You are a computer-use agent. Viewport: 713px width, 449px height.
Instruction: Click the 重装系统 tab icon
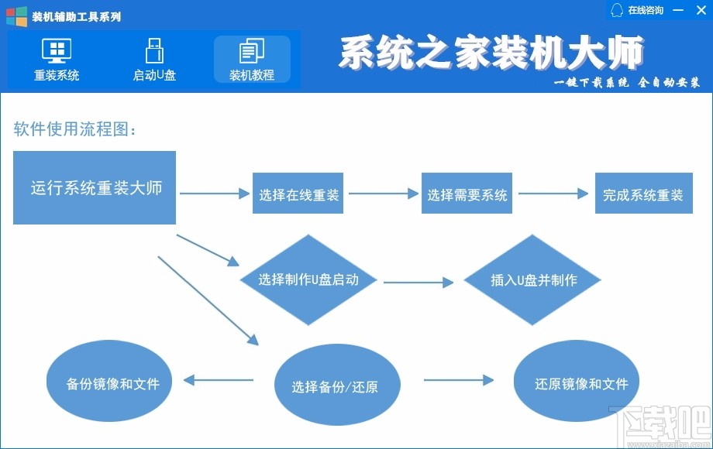coord(56,52)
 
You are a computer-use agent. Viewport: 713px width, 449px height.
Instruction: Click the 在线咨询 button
coord(638,10)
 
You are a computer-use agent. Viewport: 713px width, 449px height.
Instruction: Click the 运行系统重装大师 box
coord(95,188)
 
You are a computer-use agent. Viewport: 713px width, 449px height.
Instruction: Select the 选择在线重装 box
coord(299,195)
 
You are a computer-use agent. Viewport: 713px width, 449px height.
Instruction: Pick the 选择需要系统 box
coord(467,195)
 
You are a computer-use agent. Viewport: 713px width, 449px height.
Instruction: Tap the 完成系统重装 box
coord(642,195)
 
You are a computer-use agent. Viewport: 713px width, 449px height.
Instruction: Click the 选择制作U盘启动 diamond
coord(308,279)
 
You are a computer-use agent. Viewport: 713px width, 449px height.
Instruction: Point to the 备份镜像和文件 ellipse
coord(109,383)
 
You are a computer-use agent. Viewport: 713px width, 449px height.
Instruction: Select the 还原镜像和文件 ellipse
coord(581,382)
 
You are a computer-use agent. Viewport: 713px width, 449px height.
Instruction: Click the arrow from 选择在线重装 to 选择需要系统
coord(384,195)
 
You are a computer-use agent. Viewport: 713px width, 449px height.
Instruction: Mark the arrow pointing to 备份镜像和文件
coord(219,379)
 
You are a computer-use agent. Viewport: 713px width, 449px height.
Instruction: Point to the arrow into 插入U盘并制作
coord(418,283)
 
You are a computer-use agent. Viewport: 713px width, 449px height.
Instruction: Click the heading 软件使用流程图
coord(75,129)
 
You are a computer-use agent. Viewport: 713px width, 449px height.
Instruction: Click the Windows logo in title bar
coord(16,16)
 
